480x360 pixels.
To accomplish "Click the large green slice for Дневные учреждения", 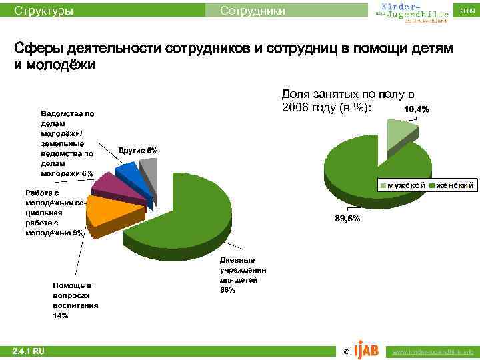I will click(x=183, y=207).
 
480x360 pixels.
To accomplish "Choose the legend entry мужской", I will click(x=403, y=185).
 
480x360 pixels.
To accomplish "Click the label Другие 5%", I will click(x=138, y=151).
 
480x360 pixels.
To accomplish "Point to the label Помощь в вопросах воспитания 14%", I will click(x=75, y=300).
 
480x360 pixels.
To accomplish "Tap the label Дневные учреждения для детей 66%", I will click(x=243, y=275).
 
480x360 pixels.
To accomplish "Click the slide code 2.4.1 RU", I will click(x=28, y=351).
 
